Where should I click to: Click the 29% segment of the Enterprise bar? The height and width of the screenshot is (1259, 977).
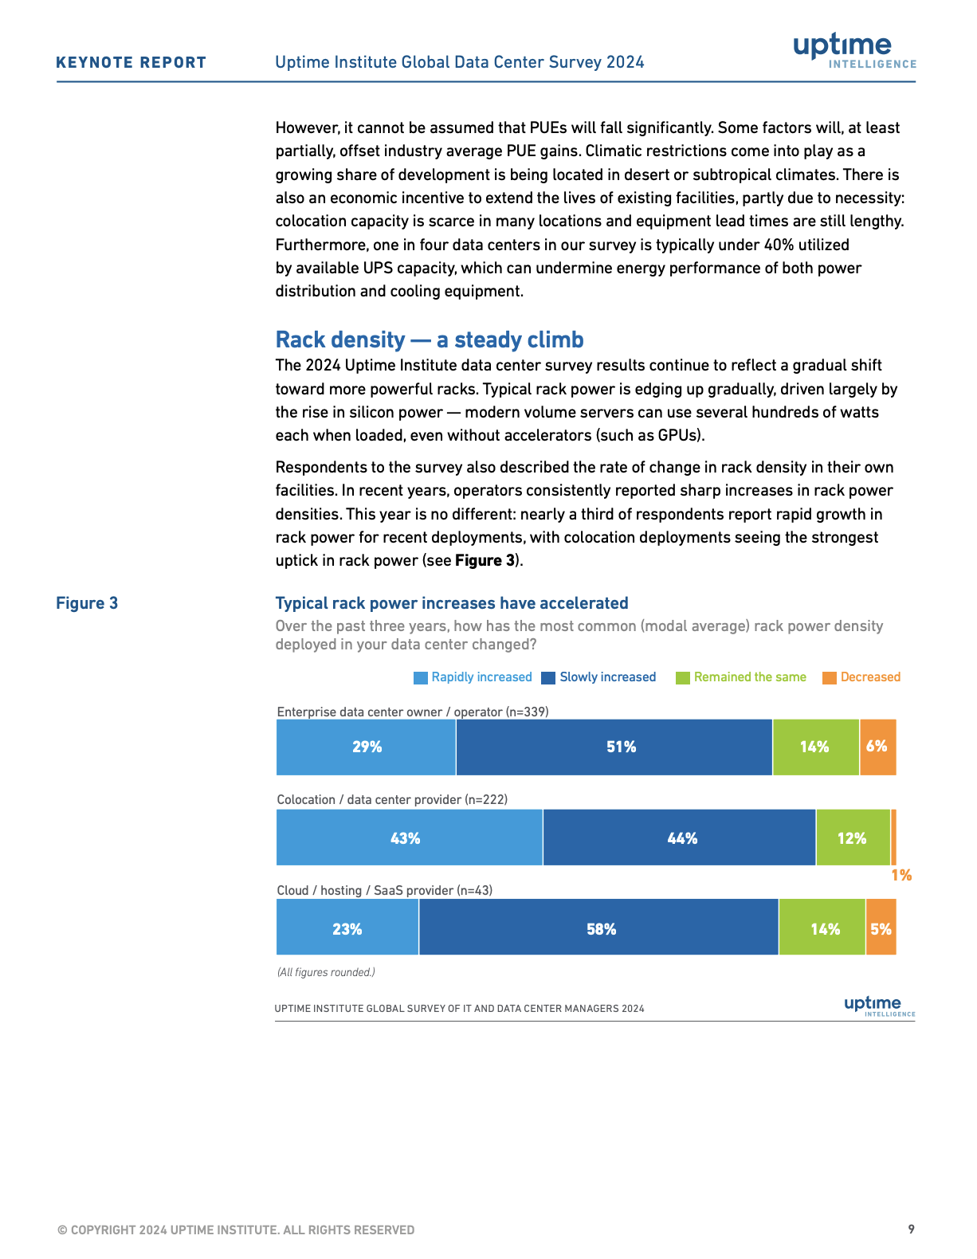(366, 747)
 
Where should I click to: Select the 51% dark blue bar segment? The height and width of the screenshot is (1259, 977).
(614, 747)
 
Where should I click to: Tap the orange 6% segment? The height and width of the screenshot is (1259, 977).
(878, 747)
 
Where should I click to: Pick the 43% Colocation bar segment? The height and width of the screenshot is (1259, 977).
(410, 837)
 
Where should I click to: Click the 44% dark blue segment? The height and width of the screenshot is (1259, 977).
(679, 837)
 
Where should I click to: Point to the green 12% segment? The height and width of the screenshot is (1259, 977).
(853, 837)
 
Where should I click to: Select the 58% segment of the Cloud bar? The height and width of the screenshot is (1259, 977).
(598, 927)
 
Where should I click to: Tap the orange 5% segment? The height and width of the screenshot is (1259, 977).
(881, 927)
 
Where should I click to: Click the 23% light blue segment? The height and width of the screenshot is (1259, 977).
(347, 927)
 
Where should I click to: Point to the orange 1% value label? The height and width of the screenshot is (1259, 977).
(901, 876)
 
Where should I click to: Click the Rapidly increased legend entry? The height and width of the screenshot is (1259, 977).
(473, 677)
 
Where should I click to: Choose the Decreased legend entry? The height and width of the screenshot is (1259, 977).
(861, 677)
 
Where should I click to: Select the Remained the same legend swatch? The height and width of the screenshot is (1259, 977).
(683, 678)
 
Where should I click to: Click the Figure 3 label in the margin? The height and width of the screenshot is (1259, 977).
(87, 603)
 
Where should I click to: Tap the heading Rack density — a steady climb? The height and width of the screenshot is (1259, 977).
(430, 339)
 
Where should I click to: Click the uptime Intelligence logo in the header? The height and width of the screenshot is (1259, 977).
(854, 50)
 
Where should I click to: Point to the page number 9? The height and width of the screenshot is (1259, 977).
(911, 1229)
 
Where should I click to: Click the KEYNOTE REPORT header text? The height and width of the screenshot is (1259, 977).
(131, 63)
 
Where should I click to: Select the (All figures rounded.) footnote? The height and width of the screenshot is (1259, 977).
(326, 972)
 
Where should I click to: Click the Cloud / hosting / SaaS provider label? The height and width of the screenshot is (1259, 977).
(385, 891)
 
